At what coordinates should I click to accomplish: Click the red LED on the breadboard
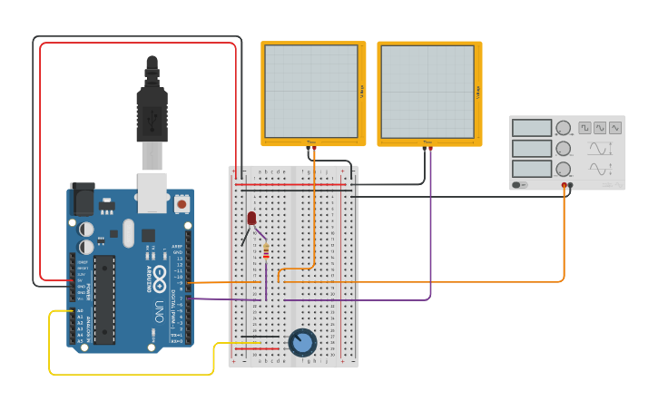251,218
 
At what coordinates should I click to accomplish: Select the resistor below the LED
265,250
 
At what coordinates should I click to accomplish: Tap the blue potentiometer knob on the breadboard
302,342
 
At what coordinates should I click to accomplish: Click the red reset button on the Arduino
182,204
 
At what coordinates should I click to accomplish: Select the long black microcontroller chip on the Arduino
105,299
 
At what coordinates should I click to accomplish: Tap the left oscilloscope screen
311,91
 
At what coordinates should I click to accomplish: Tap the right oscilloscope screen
427,91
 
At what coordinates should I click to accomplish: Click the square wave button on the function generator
584,128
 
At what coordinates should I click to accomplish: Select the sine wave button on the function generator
600,128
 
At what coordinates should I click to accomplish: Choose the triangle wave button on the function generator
615,128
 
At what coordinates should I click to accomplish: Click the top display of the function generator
531,128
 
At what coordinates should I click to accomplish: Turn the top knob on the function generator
564,128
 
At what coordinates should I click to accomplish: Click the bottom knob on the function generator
564,169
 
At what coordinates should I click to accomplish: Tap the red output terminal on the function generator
565,185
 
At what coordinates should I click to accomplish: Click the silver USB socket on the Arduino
152,186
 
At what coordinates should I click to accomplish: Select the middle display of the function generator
531,148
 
